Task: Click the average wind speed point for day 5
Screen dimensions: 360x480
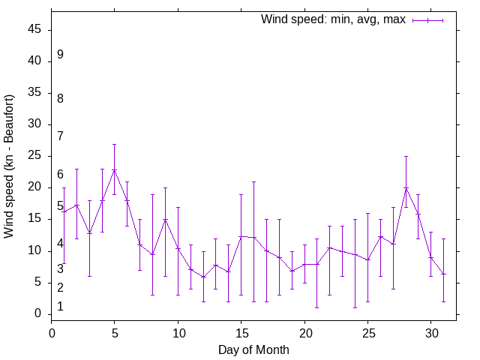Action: (114, 170)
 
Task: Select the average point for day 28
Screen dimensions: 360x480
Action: (406, 187)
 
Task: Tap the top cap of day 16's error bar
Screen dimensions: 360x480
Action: (253, 181)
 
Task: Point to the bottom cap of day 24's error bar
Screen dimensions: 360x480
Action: (355, 307)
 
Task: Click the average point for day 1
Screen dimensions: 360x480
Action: (64, 211)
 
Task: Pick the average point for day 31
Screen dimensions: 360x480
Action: (443, 274)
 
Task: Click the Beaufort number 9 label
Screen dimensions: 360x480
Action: (60, 55)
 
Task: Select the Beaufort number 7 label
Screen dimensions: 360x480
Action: (60, 136)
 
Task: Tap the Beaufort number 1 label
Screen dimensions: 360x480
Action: (60, 306)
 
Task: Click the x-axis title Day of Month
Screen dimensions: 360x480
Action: (253, 349)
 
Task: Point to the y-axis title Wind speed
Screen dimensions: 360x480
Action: (9, 166)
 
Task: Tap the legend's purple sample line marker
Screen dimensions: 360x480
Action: (427, 20)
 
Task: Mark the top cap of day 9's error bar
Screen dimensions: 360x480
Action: (165, 187)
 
